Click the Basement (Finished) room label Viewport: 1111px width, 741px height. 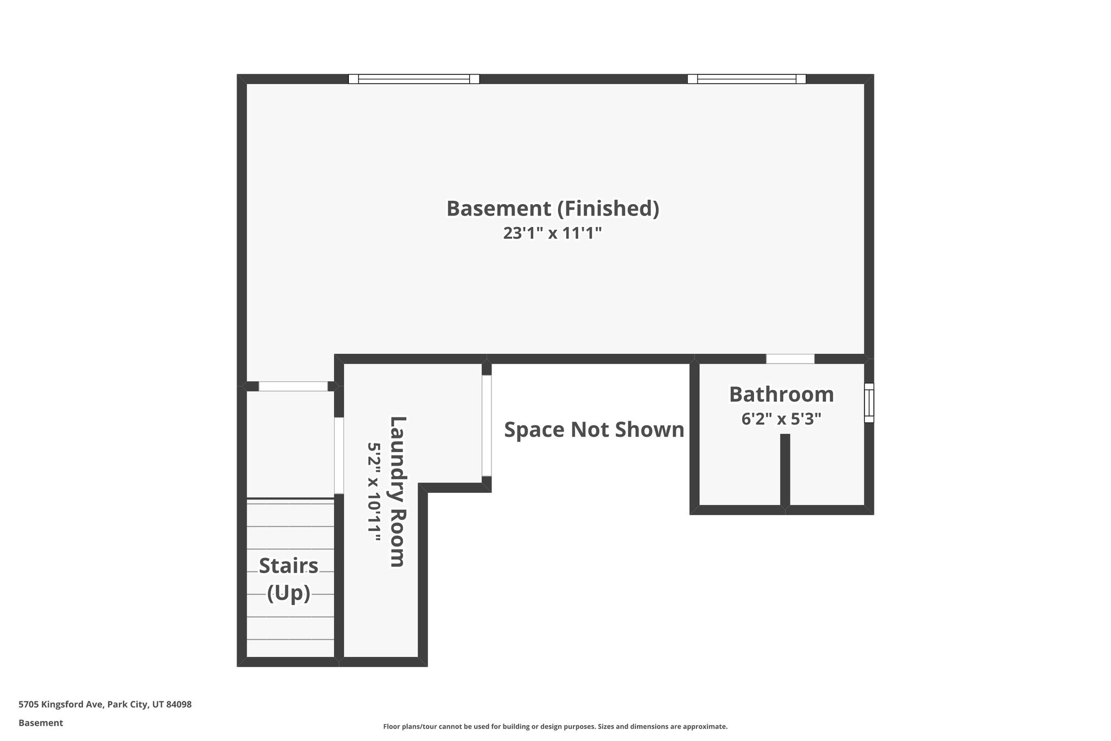pos(553,208)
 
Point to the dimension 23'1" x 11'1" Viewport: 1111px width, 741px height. pos(553,233)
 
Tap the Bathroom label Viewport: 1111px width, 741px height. pos(781,395)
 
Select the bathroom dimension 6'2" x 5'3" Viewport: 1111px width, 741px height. pos(781,419)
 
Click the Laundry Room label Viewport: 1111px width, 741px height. pos(398,492)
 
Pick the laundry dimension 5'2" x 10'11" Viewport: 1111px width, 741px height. pos(374,492)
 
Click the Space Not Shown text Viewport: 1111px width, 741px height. pos(594,430)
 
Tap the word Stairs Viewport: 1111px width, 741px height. pos(289,566)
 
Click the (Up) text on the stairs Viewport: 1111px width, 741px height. pos(289,593)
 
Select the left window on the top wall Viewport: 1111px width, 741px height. pos(414,79)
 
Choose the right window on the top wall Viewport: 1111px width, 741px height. pos(746,79)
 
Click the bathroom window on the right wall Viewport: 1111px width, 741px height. pos(869,403)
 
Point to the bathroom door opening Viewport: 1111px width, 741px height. pos(790,359)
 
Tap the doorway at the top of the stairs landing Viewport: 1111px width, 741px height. pos(293,387)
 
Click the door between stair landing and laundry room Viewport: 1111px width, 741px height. pos(339,455)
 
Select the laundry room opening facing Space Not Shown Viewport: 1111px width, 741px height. pos(487,426)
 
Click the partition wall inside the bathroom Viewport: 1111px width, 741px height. pos(785,471)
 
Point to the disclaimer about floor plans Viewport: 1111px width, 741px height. pos(555,726)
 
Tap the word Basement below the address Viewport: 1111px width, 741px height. pos(41,723)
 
